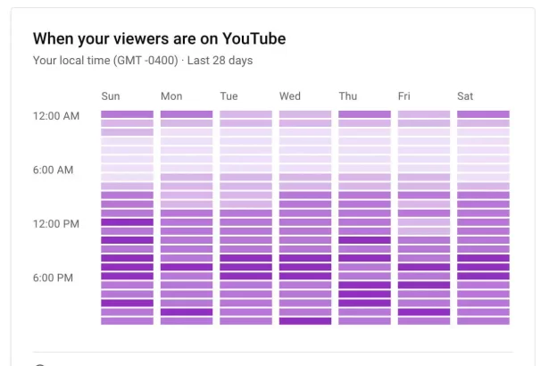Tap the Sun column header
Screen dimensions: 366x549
click(111, 96)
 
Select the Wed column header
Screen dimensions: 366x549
click(290, 96)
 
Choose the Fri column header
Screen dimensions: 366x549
click(405, 96)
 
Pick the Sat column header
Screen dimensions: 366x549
click(465, 96)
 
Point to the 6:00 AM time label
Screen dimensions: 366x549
click(53, 170)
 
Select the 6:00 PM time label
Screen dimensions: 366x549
click(53, 278)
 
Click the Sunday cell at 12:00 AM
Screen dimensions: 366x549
click(127, 114)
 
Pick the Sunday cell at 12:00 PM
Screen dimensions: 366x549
click(127, 222)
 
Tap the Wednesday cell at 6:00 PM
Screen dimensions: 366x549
click(305, 276)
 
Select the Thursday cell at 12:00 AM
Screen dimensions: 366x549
click(364, 114)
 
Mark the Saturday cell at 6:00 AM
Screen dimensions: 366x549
click(483, 168)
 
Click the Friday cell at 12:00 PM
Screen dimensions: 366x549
click(424, 222)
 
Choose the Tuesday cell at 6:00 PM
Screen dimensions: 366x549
click(245, 276)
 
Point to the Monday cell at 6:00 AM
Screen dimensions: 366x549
click(187, 168)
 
